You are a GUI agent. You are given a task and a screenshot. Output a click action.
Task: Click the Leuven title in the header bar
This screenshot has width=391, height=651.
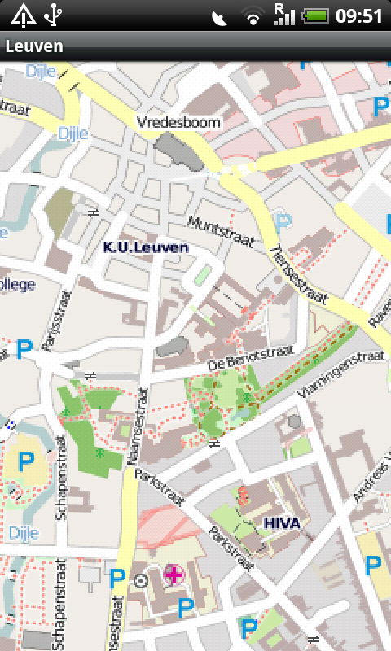pos(34,47)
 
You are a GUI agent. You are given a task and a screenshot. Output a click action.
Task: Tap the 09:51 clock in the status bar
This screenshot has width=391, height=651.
pos(359,15)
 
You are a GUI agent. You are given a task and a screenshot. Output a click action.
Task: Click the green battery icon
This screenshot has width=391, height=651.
pos(314,15)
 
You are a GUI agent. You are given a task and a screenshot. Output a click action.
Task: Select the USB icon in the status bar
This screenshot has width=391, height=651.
pos(55,15)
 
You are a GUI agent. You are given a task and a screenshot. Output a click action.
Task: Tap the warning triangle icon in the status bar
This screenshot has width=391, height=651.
pos(23,15)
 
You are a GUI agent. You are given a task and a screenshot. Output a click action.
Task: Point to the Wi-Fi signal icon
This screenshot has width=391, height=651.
pos(254,15)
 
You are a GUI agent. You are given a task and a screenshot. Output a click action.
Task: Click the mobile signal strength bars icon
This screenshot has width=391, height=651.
pos(283,15)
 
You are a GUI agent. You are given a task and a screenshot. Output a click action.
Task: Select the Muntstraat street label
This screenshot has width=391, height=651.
pos(220,231)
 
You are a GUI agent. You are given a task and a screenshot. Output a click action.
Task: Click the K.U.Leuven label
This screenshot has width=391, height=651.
pos(146,247)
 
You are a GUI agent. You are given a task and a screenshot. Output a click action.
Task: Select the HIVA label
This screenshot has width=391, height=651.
pos(283,523)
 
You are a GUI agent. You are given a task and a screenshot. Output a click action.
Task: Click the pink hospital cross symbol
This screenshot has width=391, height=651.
pos(174,575)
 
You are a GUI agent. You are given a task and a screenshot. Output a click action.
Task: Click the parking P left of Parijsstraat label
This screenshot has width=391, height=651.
pos(24,350)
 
